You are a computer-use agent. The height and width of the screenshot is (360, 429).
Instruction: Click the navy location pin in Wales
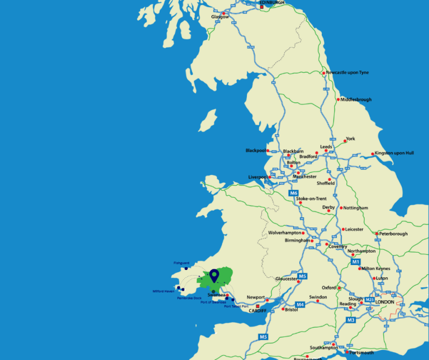(x=213, y=274)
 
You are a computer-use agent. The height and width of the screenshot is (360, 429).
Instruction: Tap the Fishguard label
(x=182, y=263)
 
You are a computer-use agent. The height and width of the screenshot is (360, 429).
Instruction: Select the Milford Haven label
(x=164, y=291)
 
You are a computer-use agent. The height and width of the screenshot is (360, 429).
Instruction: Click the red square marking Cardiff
(x=250, y=306)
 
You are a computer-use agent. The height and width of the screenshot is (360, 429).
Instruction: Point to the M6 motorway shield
(x=294, y=193)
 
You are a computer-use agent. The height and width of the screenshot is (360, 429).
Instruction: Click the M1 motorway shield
(x=356, y=262)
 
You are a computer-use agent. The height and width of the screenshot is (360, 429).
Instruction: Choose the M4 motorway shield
(x=300, y=305)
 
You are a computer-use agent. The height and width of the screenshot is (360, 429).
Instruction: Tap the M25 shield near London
(x=369, y=300)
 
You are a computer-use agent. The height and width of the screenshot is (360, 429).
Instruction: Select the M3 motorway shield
(x=351, y=320)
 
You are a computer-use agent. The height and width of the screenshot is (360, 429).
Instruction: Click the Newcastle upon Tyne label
(x=347, y=73)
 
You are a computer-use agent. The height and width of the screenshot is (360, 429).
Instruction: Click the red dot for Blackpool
(x=268, y=150)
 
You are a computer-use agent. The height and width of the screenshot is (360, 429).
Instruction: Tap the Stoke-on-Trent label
(x=311, y=198)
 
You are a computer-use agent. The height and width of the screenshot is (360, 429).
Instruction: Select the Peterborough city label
(x=393, y=234)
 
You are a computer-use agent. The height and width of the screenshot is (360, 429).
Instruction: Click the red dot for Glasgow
(x=224, y=13)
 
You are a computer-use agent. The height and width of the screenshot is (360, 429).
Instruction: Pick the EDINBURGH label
(x=272, y=3)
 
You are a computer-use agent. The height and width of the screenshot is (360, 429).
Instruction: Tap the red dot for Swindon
(x=318, y=301)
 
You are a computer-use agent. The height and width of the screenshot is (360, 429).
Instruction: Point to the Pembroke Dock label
(x=189, y=298)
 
